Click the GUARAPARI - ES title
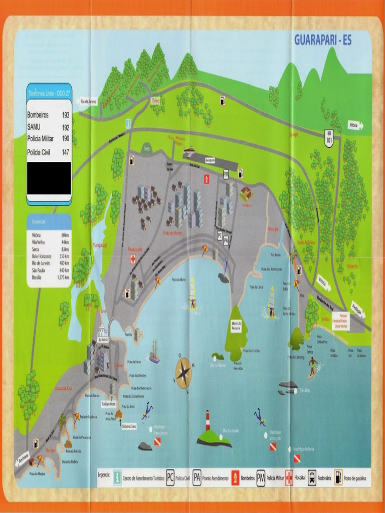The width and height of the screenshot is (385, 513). point(322,40)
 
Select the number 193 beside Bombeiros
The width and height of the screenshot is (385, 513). point(66,115)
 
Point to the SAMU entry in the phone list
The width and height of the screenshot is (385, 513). point(34,127)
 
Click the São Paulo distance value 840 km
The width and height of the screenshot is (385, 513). point(64,270)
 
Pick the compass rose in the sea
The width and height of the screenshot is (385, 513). point(183,372)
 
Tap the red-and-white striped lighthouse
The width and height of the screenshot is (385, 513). point(208,421)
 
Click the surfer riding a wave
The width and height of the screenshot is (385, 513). point(313,366)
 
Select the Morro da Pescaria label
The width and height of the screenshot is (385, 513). point(236,326)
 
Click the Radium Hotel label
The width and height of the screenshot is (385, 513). point(108,403)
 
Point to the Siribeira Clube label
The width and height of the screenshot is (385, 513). point(129,426)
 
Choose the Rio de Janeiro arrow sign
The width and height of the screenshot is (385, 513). point(88,102)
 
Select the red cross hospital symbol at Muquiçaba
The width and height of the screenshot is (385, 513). point(133,259)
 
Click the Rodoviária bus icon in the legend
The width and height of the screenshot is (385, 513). point(312,477)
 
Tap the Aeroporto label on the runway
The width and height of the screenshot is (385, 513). point(211,160)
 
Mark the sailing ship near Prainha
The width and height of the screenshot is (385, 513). point(154,352)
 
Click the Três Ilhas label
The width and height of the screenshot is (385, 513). point(305,390)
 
